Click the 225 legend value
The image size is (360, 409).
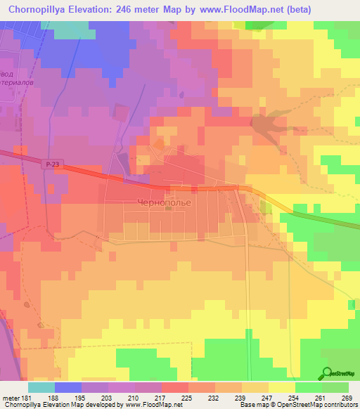(x=187, y=398)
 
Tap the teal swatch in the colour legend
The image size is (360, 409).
(x=41, y=387)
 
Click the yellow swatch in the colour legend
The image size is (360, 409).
(x=281, y=387)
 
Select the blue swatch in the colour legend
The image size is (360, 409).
(x=68, y=387)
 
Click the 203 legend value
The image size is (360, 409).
(x=106, y=398)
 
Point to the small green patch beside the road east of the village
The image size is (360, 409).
(x=266, y=207)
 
